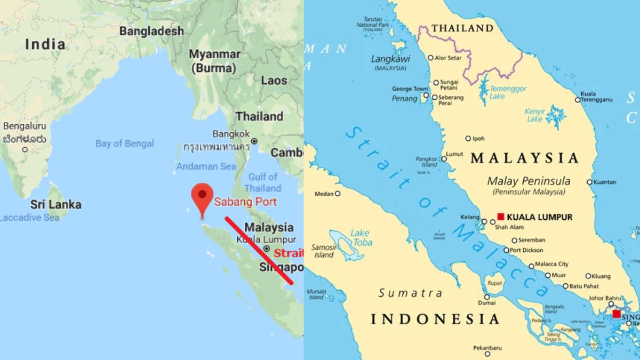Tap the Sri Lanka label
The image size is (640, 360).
pyautogui.click(x=55, y=204)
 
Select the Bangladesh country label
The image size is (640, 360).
pyautogui.click(x=151, y=31)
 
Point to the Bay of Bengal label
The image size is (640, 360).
pyautogui.click(x=124, y=143)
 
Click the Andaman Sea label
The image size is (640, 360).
pyautogui.click(x=206, y=166)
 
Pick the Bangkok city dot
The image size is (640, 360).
pyautogui.click(x=254, y=141)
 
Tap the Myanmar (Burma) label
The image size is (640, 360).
pyautogui.click(x=214, y=61)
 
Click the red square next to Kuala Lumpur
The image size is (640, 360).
pyautogui.click(x=501, y=216)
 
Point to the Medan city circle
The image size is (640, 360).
pyautogui.click(x=338, y=194)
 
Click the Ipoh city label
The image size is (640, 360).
pyautogui.click(x=478, y=139)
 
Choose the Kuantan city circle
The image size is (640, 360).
pyautogui.click(x=590, y=182)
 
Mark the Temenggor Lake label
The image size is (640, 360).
pyautogui.click(x=508, y=92)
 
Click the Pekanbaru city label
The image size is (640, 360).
pyautogui.click(x=487, y=347)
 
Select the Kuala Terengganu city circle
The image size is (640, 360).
pyautogui.click(x=578, y=100)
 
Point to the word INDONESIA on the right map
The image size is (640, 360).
pyautogui.click(x=435, y=319)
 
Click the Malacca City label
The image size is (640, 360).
pyautogui.click(x=551, y=264)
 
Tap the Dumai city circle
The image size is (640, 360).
pyautogui.click(x=486, y=297)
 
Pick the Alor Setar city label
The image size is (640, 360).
pyautogui.click(x=447, y=58)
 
